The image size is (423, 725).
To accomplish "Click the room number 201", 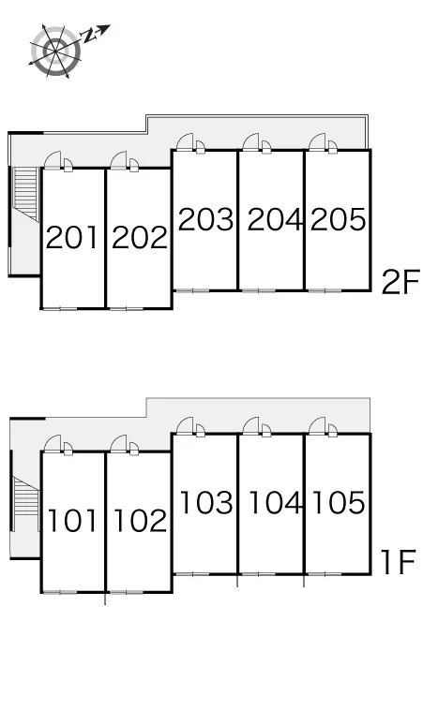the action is (72, 237).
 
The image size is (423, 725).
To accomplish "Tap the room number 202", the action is (140, 237).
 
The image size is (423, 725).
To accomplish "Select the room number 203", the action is (206, 219).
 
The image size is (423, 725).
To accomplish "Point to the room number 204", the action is (274, 219).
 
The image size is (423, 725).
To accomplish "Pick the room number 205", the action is (339, 219).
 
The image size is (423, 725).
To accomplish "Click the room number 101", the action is (72, 520).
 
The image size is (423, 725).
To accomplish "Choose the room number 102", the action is (140, 520).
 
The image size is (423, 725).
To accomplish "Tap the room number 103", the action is (206, 502).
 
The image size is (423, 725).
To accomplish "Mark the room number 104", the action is (275, 502).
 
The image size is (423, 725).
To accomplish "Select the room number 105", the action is (339, 502).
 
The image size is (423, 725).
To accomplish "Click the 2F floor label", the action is (400, 282).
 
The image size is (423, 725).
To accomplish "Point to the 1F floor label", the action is (398, 562).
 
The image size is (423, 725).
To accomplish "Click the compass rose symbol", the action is (56, 51).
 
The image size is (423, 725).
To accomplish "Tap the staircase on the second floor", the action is (26, 194).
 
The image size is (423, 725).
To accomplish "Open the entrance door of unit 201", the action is (53, 159).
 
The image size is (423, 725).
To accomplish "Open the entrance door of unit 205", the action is (317, 142).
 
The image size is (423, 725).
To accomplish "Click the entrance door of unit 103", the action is (185, 425).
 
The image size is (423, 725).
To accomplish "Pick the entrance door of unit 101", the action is (53, 443).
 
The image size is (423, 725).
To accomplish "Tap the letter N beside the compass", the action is (88, 37).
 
